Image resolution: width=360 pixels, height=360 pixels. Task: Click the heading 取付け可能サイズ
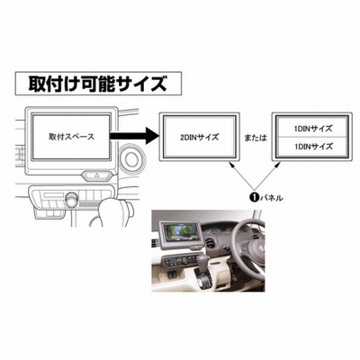[x=98, y=84]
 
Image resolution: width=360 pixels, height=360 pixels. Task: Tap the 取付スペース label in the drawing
[x=71, y=137]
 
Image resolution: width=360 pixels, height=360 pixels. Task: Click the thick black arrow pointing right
[x=134, y=136]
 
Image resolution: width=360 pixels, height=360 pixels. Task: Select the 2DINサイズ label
[x=199, y=138]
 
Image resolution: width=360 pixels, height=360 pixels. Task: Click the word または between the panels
[x=256, y=138]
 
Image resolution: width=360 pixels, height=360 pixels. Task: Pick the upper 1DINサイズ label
[x=313, y=129]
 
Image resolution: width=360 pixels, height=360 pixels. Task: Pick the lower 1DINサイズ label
[x=313, y=147]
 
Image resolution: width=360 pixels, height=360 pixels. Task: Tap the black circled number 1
[x=254, y=197]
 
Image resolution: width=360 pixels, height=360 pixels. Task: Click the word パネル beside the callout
[x=271, y=198]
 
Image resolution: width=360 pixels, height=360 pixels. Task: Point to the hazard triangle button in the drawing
[x=96, y=175]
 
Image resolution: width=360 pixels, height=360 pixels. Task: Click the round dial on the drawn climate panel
[x=72, y=200]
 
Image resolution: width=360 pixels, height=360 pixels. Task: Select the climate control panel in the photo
[x=181, y=260]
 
